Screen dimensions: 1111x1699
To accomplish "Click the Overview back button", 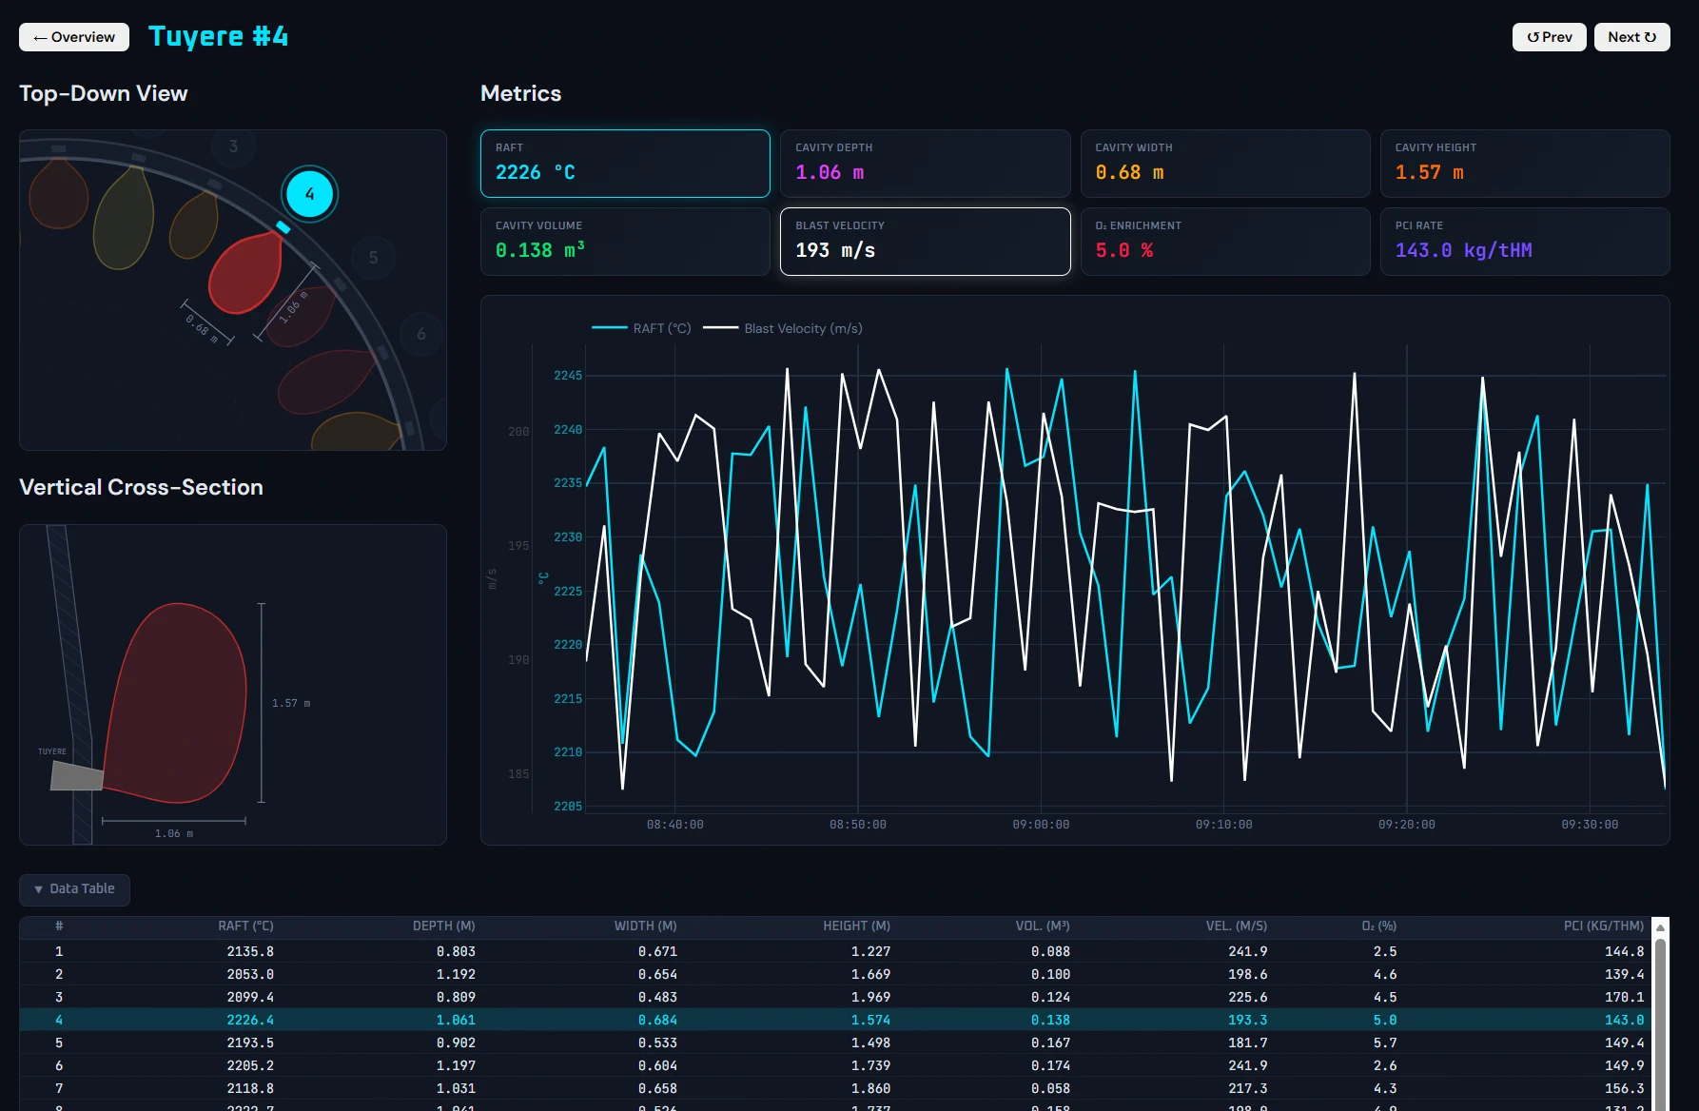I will (74, 37).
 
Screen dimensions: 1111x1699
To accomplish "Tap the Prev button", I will (1549, 37).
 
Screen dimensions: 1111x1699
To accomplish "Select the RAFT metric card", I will (625, 164).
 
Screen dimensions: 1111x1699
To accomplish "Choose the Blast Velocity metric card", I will (925, 242).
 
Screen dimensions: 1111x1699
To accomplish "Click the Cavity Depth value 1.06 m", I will (830, 173).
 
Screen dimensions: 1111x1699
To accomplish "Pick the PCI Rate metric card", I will (1524, 242).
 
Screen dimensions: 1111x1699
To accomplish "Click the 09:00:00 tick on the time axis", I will (1041, 825).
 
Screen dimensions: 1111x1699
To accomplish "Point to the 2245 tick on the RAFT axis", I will (568, 376).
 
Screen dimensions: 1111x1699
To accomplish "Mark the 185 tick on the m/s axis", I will (518, 774).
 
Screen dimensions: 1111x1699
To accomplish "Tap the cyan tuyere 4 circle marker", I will (309, 194).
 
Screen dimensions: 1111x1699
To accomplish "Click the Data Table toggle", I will (74, 889).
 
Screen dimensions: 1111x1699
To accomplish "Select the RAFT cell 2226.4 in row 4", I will (250, 1020).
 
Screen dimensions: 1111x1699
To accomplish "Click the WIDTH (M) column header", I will (645, 926).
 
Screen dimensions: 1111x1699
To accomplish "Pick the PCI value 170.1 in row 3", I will (1624, 997).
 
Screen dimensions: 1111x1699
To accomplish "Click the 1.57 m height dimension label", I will (291, 703).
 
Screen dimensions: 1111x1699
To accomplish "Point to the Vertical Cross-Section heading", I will (141, 487).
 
